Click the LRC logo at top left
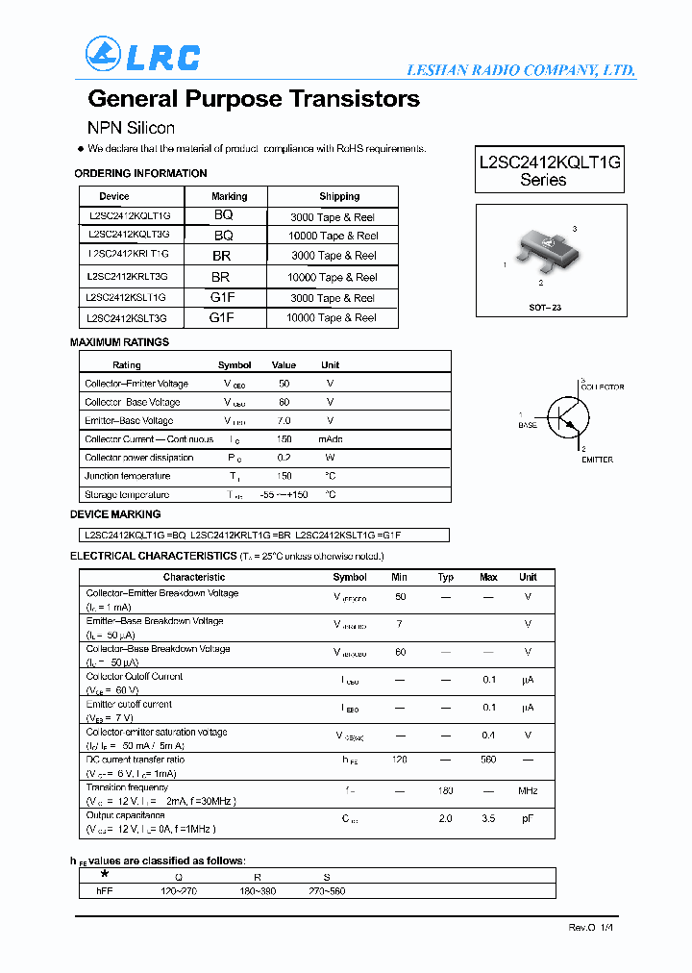[x=142, y=55]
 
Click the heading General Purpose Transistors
[x=254, y=99]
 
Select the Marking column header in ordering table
[x=229, y=196]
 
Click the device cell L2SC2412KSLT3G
[x=127, y=318]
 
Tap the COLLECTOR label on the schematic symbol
[x=602, y=387]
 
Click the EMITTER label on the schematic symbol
[x=597, y=460]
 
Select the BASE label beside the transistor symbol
[x=528, y=425]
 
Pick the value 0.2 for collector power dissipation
[x=284, y=458]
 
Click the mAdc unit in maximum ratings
[x=330, y=439]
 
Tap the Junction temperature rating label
[x=128, y=476]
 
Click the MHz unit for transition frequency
[x=528, y=791]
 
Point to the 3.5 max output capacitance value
[x=488, y=819]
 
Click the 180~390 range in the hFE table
[x=258, y=891]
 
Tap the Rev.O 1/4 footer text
[x=590, y=928]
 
